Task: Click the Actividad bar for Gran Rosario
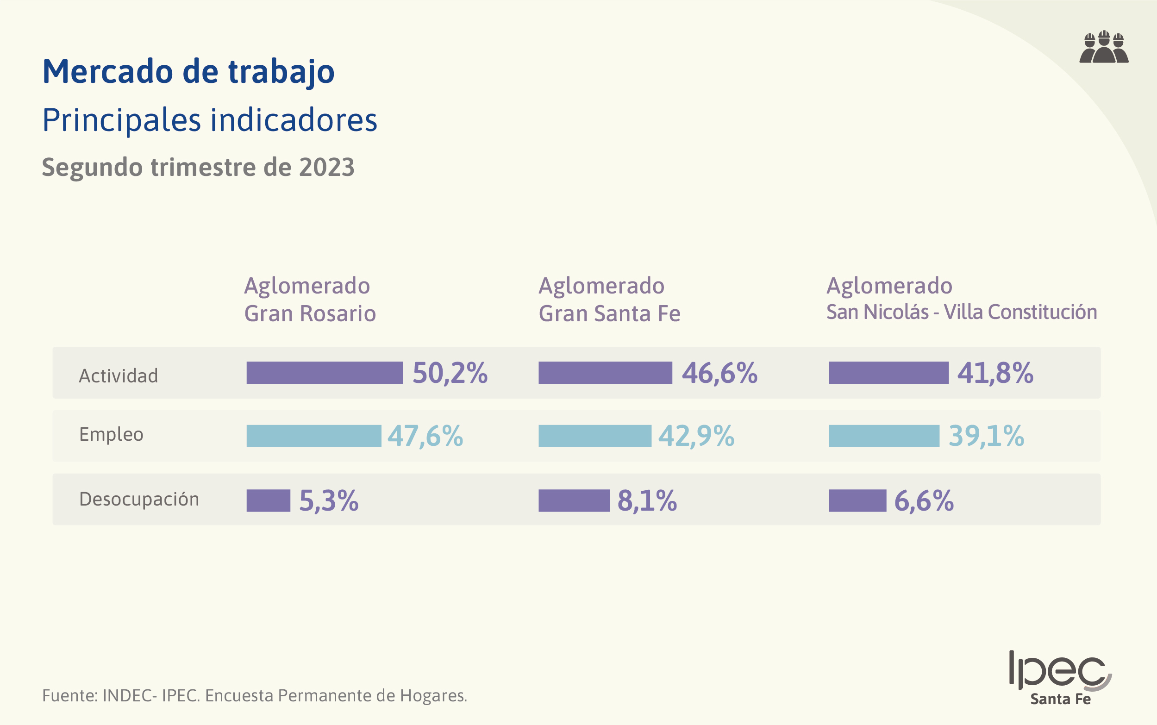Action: pyautogui.click(x=324, y=373)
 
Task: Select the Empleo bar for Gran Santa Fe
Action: pyautogui.click(x=594, y=436)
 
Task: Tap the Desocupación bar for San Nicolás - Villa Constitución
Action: pyautogui.click(x=857, y=500)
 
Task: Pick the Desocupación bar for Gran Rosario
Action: pyautogui.click(x=268, y=500)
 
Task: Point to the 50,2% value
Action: pyautogui.click(x=450, y=373)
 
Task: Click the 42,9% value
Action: pyautogui.click(x=696, y=436)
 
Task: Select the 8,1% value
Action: pyautogui.click(x=647, y=501)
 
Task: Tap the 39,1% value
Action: pyautogui.click(x=986, y=436)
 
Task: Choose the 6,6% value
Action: pyautogui.click(x=924, y=501)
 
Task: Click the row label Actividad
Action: pyautogui.click(x=119, y=376)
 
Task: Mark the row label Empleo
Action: pyautogui.click(x=111, y=434)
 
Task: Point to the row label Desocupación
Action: pyautogui.click(x=139, y=500)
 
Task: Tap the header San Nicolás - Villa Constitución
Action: pyautogui.click(x=961, y=312)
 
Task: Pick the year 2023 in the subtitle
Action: pyautogui.click(x=326, y=167)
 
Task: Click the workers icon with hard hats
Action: pyautogui.click(x=1104, y=48)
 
